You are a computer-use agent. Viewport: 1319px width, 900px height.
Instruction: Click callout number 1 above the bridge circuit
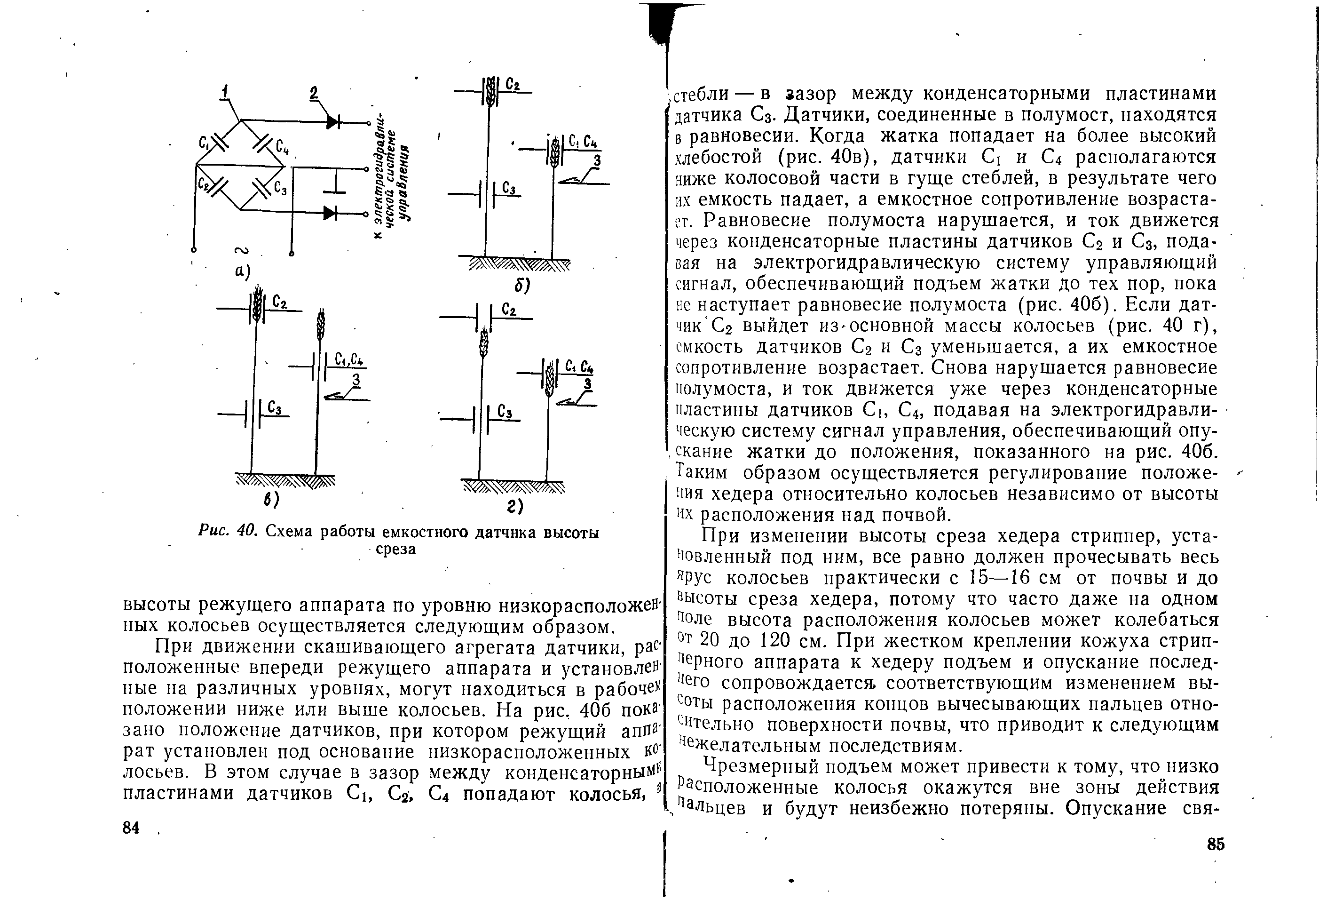[x=226, y=91]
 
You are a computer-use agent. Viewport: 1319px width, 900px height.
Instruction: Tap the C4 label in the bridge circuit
[x=282, y=148]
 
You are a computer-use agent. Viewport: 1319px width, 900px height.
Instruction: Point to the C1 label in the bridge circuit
[x=203, y=143]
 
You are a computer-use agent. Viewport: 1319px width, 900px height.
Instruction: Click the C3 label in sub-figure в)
[x=275, y=408]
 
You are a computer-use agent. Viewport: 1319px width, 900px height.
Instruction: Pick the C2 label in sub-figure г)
[x=509, y=310]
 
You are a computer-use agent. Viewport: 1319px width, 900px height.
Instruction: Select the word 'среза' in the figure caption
[x=395, y=549]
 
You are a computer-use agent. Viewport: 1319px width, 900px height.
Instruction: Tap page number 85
[x=1216, y=844]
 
